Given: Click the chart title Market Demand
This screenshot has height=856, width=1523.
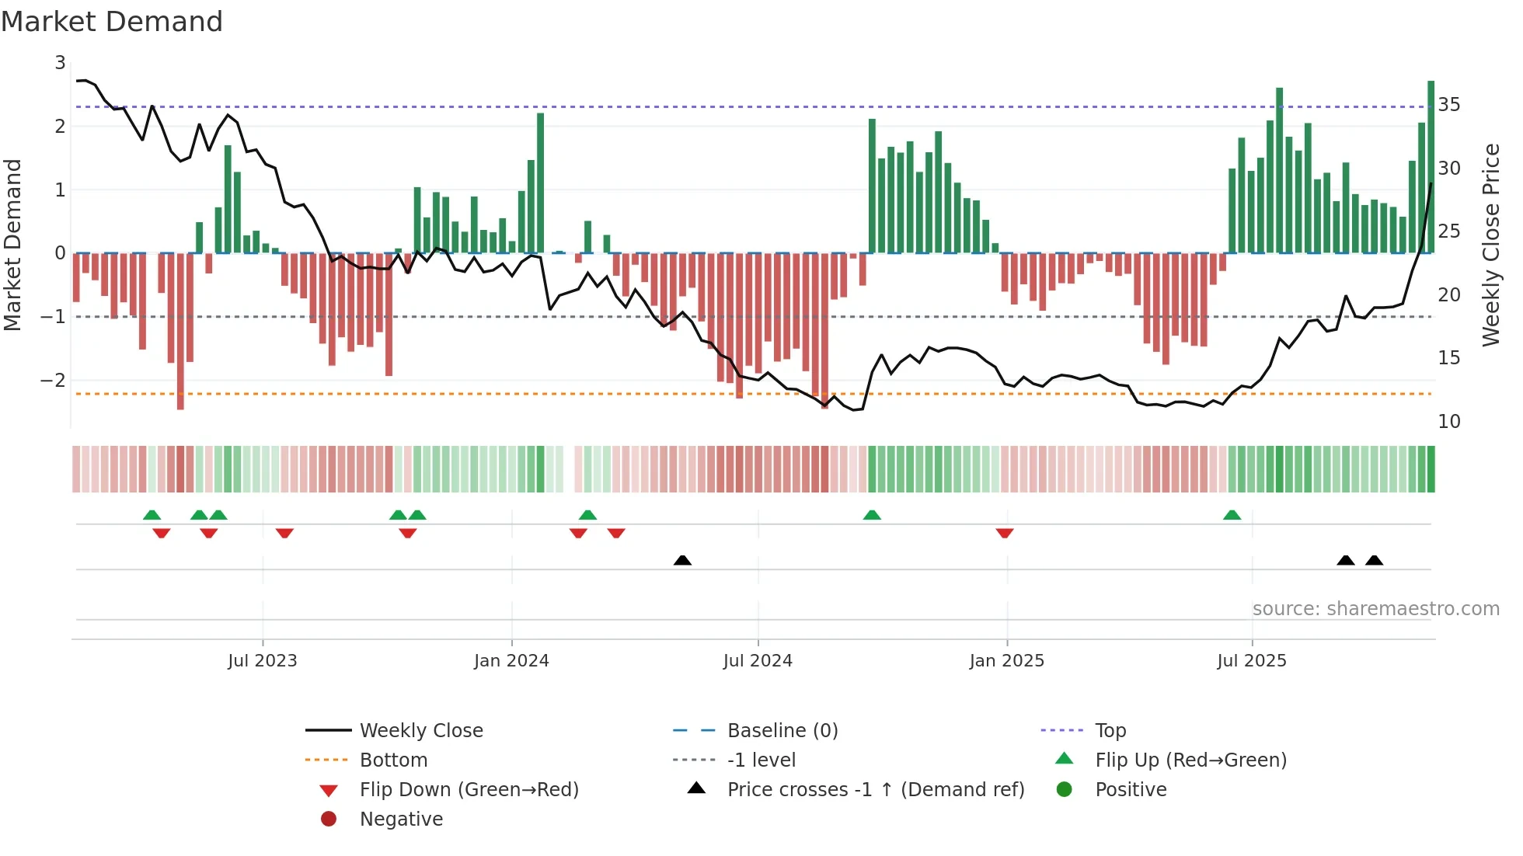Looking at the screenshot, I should click(x=112, y=22).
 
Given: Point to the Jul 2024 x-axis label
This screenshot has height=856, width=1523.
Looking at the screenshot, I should click(x=758, y=661).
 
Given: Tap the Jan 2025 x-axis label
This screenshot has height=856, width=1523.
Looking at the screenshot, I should click(x=1006, y=661).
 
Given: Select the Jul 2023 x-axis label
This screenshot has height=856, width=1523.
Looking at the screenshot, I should click(x=263, y=661).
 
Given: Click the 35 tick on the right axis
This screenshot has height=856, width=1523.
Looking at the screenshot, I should click(x=1449, y=104).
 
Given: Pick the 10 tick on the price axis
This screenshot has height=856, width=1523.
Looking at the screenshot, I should click(x=1449, y=421).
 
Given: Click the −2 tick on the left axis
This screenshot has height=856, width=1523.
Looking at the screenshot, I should click(x=53, y=380).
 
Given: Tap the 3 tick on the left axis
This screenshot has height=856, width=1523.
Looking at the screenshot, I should click(x=60, y=62).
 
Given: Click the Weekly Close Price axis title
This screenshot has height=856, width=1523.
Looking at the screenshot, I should click(x=1491, y=245).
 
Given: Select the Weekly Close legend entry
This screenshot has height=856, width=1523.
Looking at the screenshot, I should click(x=420, y=730).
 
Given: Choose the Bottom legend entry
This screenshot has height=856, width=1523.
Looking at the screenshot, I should click(x=393, y=760).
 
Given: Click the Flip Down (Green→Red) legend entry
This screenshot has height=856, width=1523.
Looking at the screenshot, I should click(x=469, y=789).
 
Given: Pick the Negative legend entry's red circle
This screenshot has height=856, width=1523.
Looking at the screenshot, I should click(x=329, y=819).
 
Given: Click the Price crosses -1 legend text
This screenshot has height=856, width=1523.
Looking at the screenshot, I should click(x=876, y=789).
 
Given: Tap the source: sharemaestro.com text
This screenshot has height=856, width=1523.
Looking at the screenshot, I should click(x=1375, y=608).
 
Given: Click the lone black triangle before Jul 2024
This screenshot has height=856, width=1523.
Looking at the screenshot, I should click(x=682, y=560).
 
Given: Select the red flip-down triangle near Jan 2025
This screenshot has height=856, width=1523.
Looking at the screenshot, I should click(x=1005, y=533).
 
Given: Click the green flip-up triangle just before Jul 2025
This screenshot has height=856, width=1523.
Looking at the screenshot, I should click(x=1232, y=515).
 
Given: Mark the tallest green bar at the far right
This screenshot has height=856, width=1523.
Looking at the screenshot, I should click(x=1431, y=167).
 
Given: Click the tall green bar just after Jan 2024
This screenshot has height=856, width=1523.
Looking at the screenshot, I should click(x=540, y=183).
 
